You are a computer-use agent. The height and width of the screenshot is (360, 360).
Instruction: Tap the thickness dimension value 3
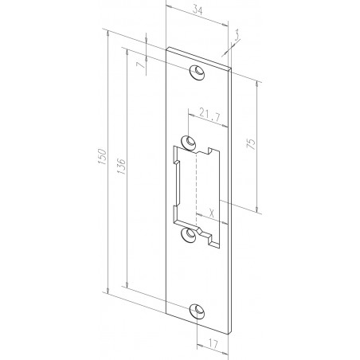(237, 34)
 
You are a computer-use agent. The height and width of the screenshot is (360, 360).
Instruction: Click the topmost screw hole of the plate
(196, 73)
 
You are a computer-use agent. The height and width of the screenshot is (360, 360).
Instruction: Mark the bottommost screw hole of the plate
(196, 312)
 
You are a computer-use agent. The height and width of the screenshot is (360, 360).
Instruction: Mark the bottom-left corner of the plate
(166, 311)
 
